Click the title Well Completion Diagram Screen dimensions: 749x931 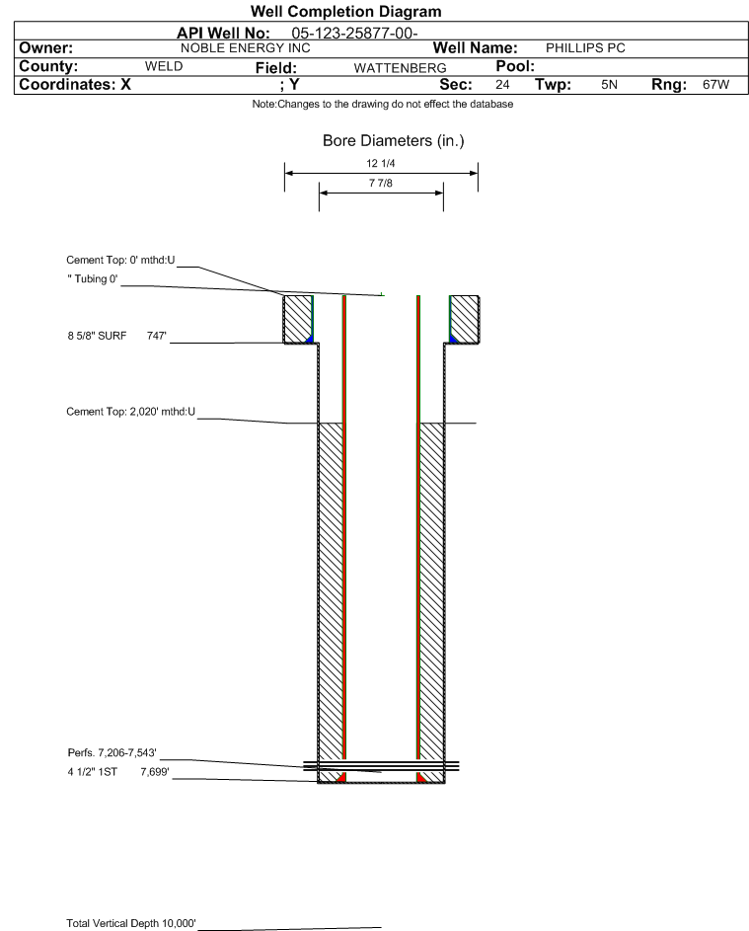(346, 11)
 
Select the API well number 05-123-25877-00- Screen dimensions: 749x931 (354, 34)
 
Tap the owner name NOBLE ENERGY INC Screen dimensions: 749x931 (245, 48)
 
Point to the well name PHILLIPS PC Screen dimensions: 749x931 (585, 48)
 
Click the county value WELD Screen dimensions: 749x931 (164, 66)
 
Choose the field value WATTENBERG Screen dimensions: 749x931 (400, 68)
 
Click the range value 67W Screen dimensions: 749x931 (715, 84)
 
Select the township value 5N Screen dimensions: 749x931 (609, 84)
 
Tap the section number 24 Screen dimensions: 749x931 (502, 84)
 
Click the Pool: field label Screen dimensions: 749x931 (515, 66)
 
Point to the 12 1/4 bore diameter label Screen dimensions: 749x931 (381, 163)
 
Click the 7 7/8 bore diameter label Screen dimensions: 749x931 (381, 183)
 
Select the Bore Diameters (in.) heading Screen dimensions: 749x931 (393, 141)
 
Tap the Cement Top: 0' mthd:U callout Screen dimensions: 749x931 (120, 260)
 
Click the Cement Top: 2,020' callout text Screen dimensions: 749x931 (130, 412)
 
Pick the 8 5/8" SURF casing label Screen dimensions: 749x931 (97, 336)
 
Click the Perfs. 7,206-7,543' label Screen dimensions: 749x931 (112, 753)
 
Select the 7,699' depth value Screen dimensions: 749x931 (155, 772)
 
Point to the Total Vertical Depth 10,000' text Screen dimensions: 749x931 (131, 923)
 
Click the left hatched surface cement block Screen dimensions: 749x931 (297, 319)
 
